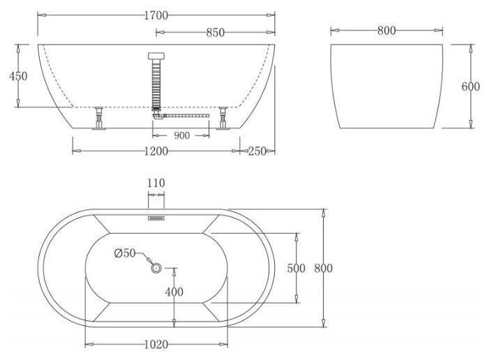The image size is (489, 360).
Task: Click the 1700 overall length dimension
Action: [x=156, y=15]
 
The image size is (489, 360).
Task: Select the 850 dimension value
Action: [x=215, y=33]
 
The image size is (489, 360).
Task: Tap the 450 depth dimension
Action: [x=18, y=76]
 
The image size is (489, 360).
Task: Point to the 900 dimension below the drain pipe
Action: [x=181, y=136]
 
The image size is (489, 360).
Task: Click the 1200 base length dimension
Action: [x=156, y=151]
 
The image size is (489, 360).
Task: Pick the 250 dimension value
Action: [x=257, y=151]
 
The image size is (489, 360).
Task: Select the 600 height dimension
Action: [x=471, y=87]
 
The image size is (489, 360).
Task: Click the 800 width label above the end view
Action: [x=386, y=31]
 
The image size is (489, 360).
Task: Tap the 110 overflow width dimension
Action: [x=156, y=183]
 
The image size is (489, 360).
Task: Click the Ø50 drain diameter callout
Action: [x=125, y=253]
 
